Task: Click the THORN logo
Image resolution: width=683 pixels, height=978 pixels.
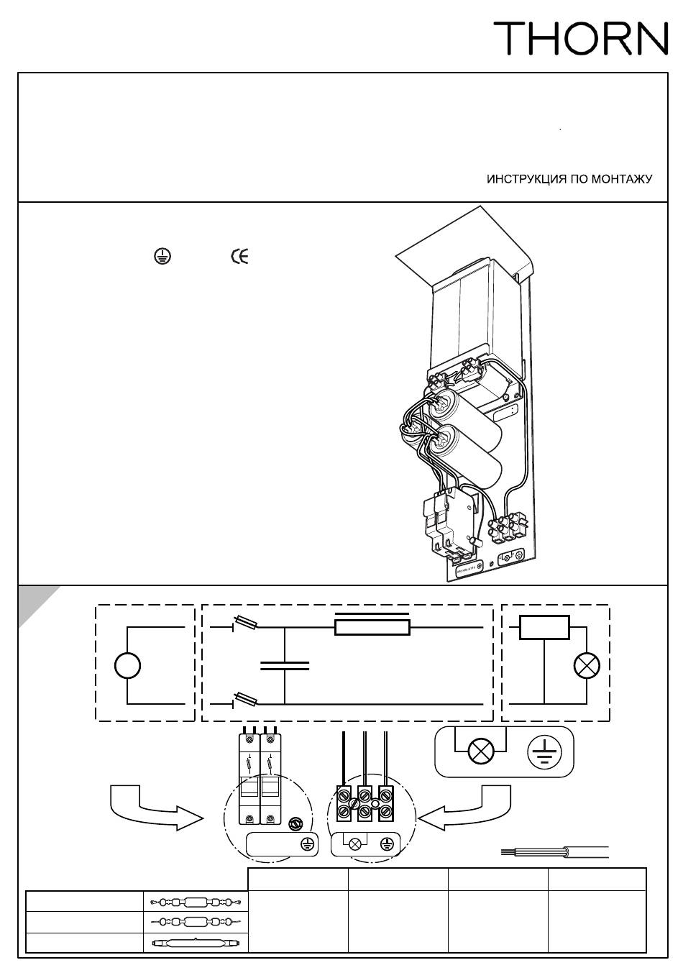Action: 579,38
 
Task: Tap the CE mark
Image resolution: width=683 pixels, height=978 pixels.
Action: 239,257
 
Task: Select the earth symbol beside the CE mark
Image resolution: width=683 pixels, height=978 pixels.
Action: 162,257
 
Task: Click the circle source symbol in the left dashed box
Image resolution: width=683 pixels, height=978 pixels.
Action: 127,666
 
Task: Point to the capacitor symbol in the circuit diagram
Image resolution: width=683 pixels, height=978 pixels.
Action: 285,665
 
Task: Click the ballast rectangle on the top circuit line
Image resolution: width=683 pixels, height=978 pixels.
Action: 372,627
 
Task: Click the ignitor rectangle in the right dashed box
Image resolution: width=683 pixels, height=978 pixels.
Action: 544,628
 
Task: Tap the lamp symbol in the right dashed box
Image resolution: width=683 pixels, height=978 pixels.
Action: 587,666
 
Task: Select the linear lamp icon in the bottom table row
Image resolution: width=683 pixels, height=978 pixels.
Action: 196,942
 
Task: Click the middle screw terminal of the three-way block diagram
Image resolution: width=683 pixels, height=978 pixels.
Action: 365,804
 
